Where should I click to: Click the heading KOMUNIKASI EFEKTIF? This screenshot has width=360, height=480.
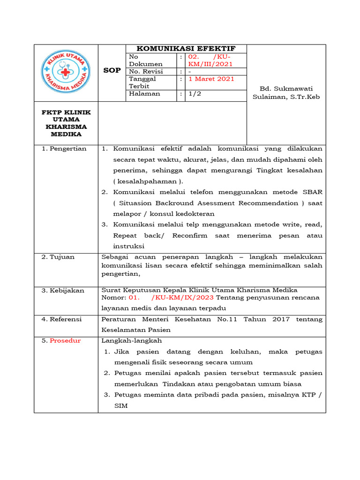[x=186, y=49]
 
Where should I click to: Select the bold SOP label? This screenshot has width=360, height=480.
[x=112, y=70]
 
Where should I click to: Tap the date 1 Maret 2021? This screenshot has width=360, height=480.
[x=211, y=79]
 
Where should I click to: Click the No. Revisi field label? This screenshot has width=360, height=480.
[x=146, y=71]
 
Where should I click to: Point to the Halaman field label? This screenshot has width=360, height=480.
[x=144, y=94]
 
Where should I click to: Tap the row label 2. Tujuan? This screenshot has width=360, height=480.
[x=58, y=257]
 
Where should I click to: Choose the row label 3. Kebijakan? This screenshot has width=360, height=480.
[x=63, y=291]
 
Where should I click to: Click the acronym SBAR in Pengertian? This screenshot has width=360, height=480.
[x=311, y=192]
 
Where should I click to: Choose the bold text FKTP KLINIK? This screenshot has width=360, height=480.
[x=66, y=112]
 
